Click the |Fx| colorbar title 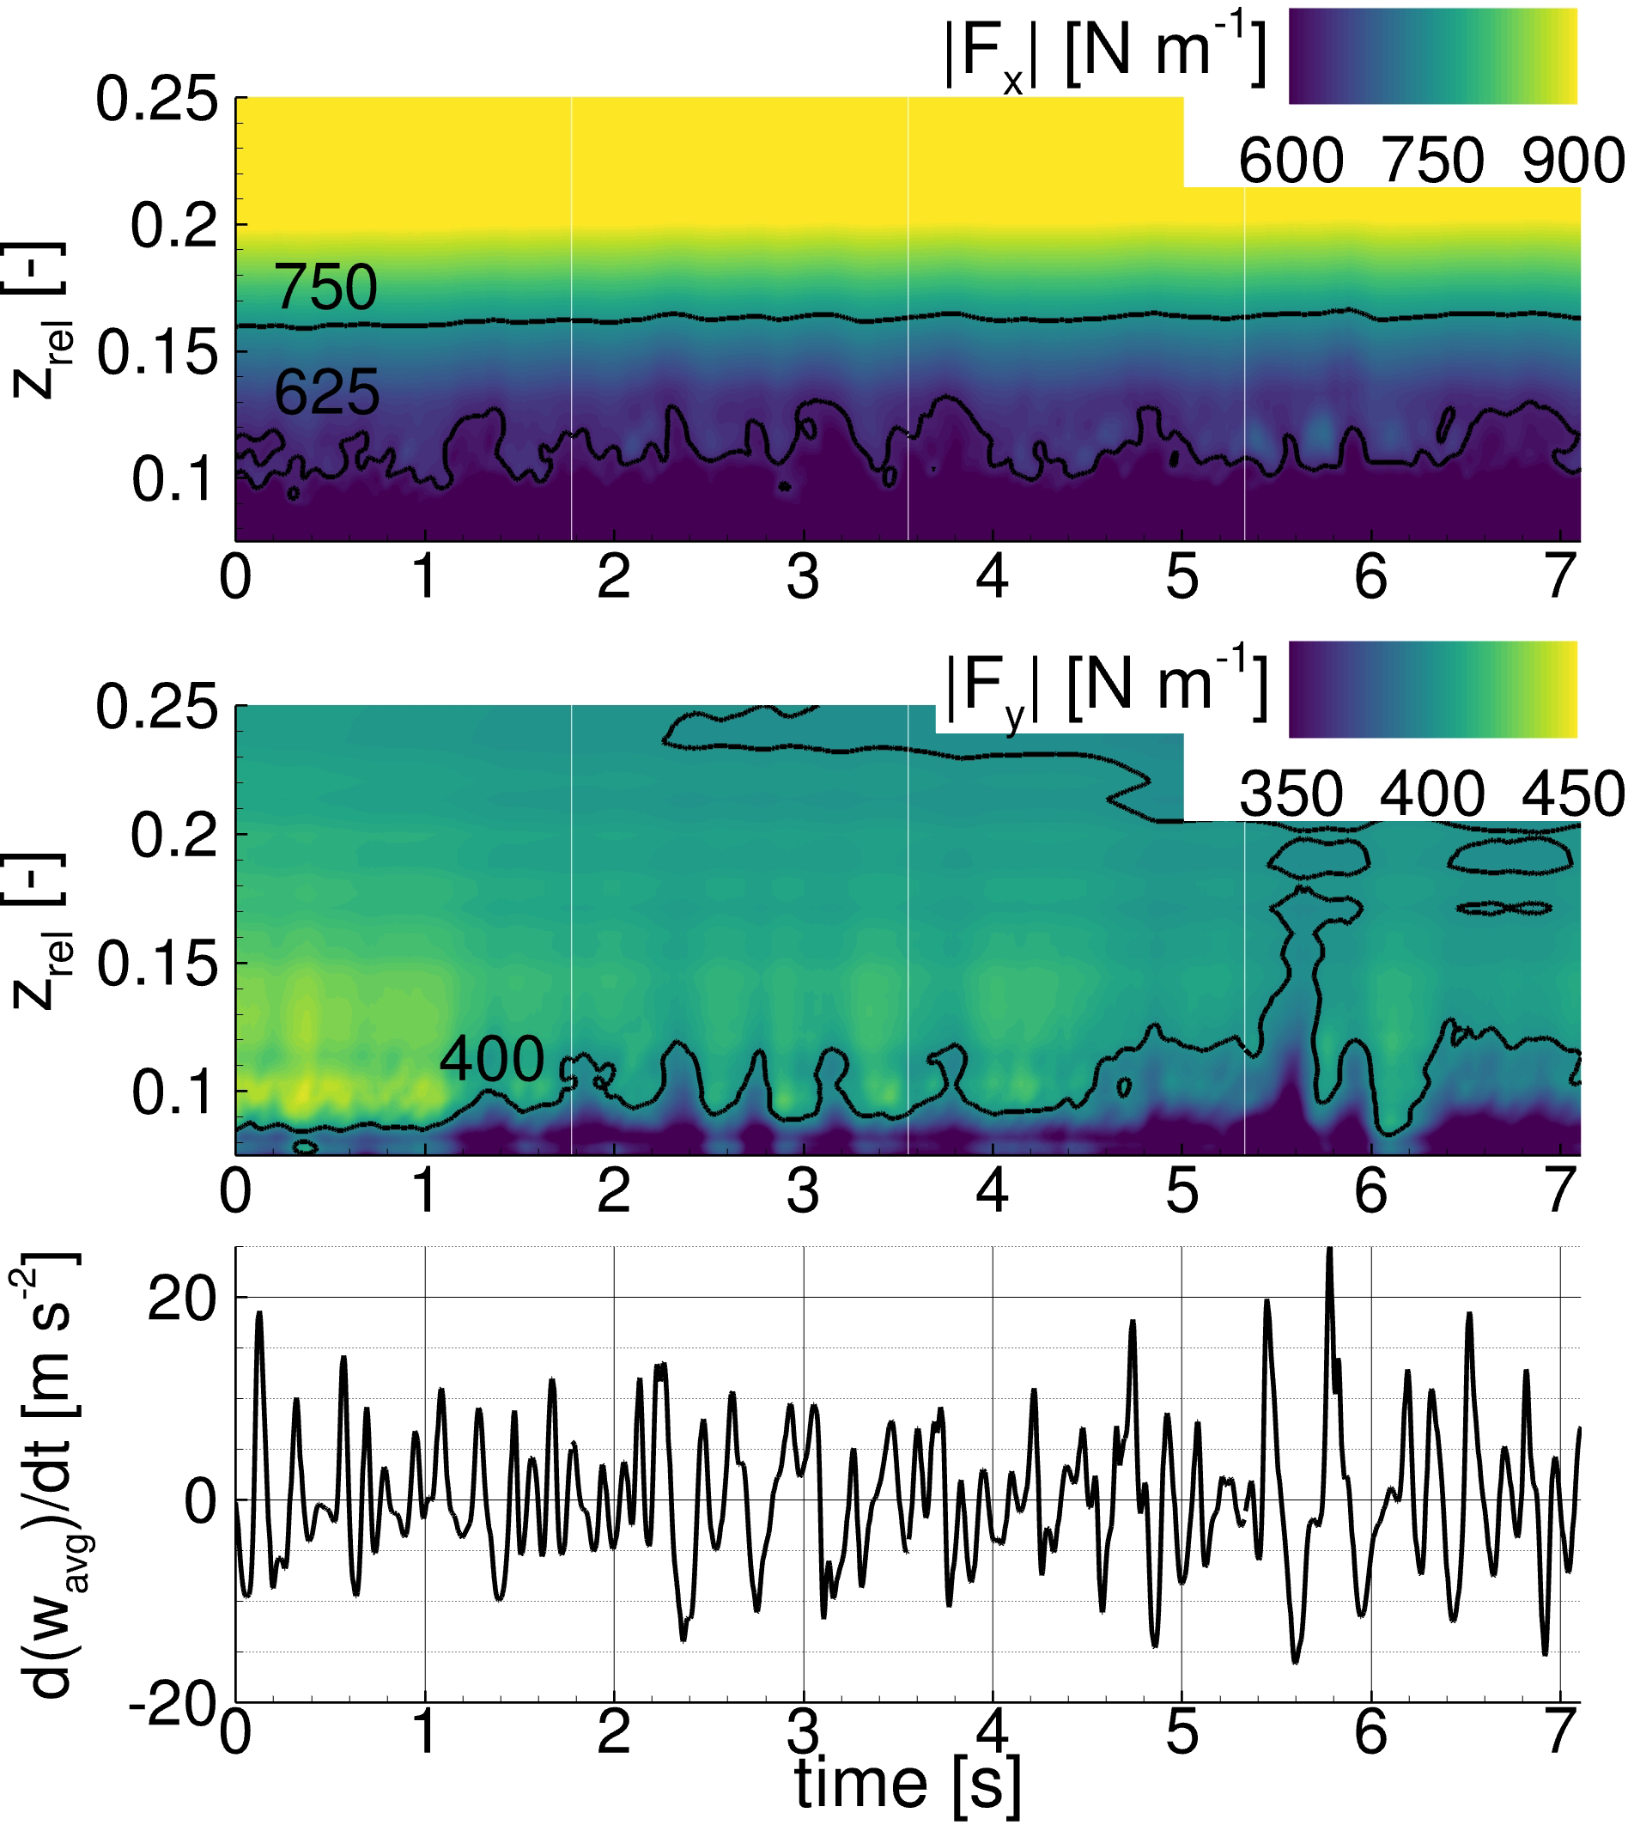tap(1106, 56)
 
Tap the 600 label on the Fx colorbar tap(1291, 161)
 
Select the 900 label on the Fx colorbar tap(1572, 161)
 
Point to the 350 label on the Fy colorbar tap(1291, 794)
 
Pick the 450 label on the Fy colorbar tap(1572, 794)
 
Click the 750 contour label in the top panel tap(325, 287)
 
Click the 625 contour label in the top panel tap(326, 392)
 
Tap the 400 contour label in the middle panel tap(491, 1059)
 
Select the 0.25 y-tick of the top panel tap(156, 100)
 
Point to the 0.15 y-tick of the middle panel tap(157, 964)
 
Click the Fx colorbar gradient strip tap(1432, 57)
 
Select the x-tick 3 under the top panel tap(803, 578)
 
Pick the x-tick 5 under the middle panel tap(1182, 1190)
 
